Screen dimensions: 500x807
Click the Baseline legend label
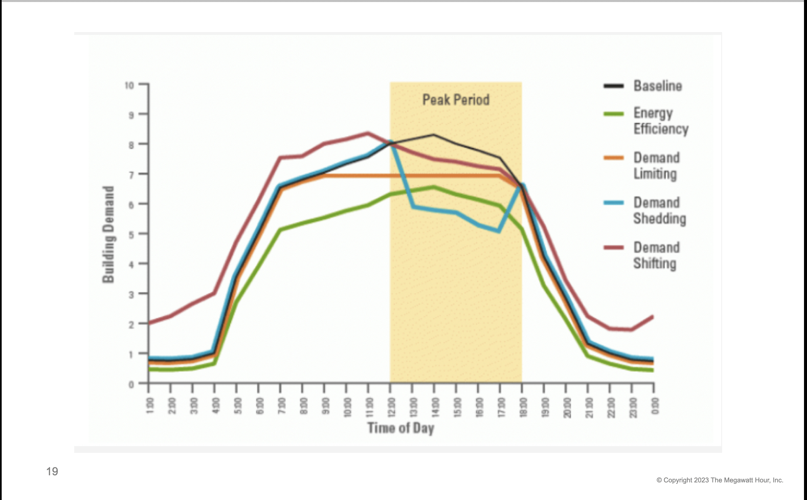coord(658,86)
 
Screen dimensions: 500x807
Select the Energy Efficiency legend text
coord(661,121)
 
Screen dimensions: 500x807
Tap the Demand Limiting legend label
coord(656,166)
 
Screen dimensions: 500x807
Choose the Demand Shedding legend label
coord(659,210)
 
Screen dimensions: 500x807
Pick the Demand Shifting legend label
coord(656,256)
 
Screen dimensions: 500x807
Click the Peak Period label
coord(456,100)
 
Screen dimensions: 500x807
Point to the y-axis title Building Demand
coord(108,234)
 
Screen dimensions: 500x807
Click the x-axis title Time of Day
coord(401,428)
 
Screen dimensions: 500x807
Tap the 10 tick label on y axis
coord(129,86)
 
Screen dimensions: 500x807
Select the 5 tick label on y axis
coord(131,235)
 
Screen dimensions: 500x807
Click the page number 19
coord(52,471)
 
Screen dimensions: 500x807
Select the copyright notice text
coord(720,480)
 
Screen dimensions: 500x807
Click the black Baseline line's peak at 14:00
coord(434,135)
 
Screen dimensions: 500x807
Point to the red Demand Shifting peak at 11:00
coord(368,133)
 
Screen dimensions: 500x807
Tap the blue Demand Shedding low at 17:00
coord(499,231)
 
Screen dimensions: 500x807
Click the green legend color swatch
coord(613,114)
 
